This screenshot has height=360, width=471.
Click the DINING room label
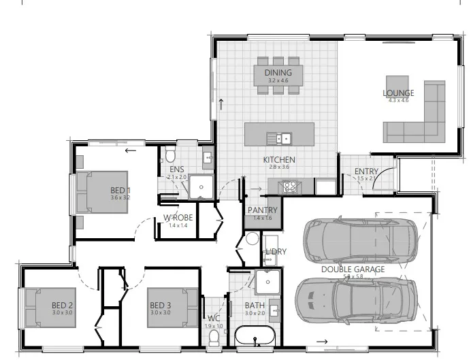coord(279,73)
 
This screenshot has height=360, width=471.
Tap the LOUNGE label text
coord(399,93)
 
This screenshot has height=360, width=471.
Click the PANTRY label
coord(262,210)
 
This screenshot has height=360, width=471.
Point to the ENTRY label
coord(367,171)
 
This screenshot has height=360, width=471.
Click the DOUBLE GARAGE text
coord(353,269)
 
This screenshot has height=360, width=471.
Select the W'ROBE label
coord(178,218)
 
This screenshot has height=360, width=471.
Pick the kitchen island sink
coord(279,138)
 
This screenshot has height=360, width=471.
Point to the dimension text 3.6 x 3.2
coord(120,197)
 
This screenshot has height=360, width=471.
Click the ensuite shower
coord(200,186)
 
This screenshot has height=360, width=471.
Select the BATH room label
coord(255,306)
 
